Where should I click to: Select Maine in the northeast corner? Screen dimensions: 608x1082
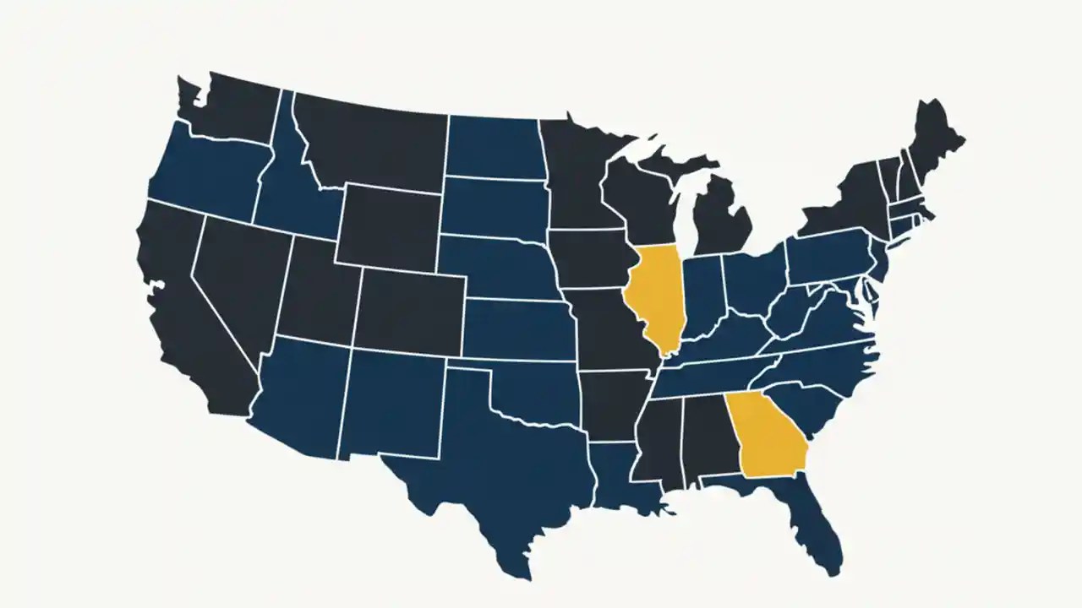tap(934, 139)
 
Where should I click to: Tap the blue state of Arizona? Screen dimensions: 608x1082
tap(304, 397)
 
